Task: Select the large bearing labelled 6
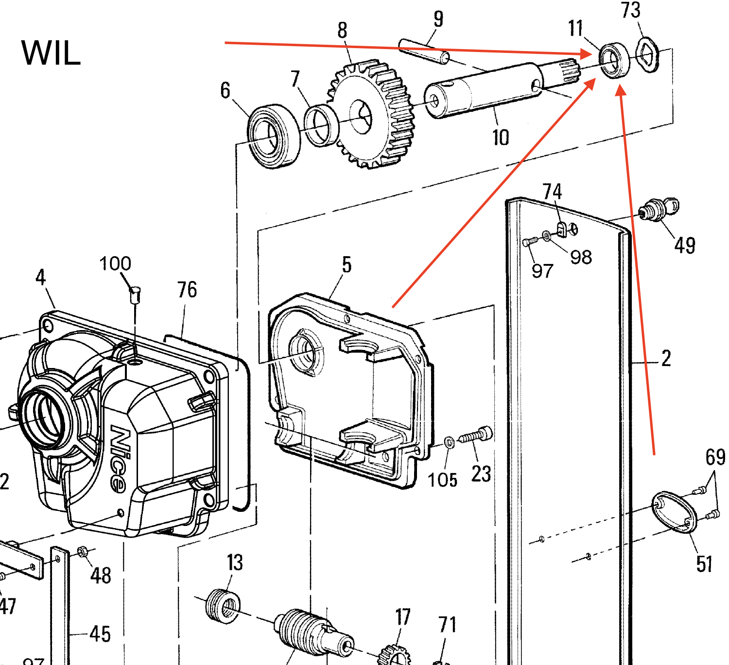point(273,136)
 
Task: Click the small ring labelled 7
point(320,125)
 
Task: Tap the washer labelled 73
point(647,55)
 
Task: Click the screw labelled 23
point(476,436)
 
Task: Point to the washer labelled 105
point(450,442)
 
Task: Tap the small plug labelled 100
point(135,295)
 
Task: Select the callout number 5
point(346,265)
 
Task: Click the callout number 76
point(187,290)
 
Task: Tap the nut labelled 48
point(82,552)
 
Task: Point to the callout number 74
point(552,192)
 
